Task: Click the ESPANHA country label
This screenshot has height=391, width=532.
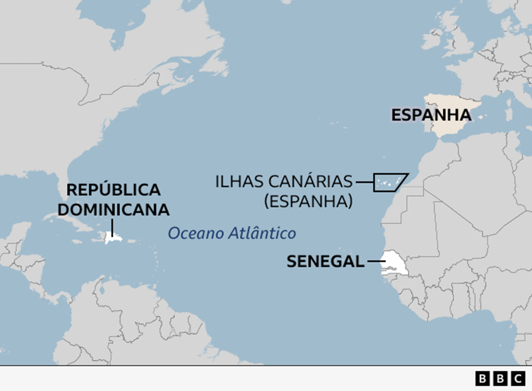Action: (431, 115)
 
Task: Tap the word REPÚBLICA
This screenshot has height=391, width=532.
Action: (113, 190)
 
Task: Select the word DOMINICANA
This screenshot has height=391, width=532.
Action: (113, 210)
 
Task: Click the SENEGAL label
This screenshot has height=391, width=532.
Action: (325, 262)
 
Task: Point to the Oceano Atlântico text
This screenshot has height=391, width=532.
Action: (232, 233)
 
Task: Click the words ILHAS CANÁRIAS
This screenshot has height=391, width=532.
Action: (283, 182)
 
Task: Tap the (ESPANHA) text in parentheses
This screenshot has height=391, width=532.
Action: (308, 202)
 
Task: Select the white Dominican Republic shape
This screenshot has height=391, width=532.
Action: (113, 239)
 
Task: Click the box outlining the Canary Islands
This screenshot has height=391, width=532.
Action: (389, 182)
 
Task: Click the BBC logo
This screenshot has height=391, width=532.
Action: (500, 379)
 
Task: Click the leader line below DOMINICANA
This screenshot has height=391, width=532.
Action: (112, 228)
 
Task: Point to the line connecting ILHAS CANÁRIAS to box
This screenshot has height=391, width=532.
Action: (364, 182)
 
